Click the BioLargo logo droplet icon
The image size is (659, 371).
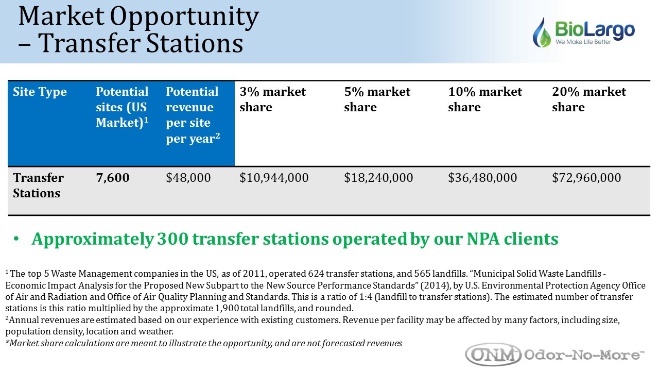pyautogui.click(x=542, y=33)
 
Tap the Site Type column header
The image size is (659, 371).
pyautogui.click(x=40, y=92)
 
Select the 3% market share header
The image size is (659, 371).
pyautogui.click(x=273, y=99)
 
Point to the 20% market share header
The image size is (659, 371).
pyautogui.click(x=589, y=99)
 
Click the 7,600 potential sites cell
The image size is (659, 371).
pyautogui.click(x=113, y=178)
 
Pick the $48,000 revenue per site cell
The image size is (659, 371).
pyautogui.click(x=188, y=178)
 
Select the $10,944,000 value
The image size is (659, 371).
pyautogui.click(x=274, y=178)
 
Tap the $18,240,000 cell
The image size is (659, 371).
pyautogui.click(x=378, y=178)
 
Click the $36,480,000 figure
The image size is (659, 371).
pyautogui.click(x=482, y=178)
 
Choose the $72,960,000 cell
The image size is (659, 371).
pyautogui.click(x=586, y=178)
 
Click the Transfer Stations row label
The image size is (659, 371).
pyautogui.click(x=38, y=185)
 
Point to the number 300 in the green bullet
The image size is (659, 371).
pyautogui.click(x=172, y=239)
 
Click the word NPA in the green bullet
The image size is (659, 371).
pyautogui.click(x=483, y=239)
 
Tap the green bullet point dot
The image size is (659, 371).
pyautogui.click(x=16, y=239)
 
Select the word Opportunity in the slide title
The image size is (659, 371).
pyautogui.click(x=184, y=16)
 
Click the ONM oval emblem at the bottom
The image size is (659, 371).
pyautogui.click(x=493, y=355)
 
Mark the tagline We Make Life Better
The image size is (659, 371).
pyautogui.click(x=583, y=42)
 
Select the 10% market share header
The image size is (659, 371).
pyautogui.click(x=485, y=99)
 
